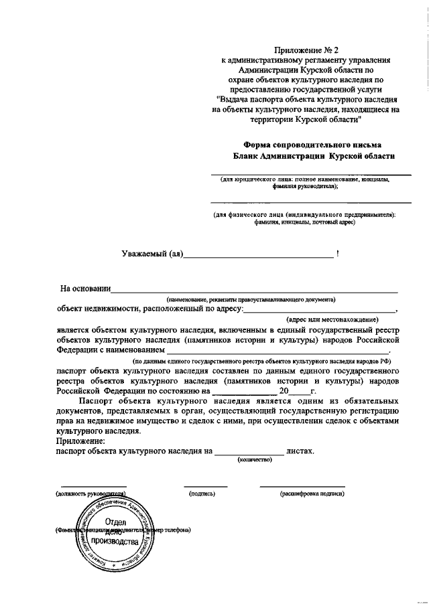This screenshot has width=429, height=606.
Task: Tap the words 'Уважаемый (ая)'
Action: [x=151, y=254]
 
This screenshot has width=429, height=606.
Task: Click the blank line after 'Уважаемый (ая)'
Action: [x=257, y=256]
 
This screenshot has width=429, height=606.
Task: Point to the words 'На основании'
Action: [x=85, y=289]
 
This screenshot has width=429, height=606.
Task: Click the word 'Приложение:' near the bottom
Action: [x=81, y=442]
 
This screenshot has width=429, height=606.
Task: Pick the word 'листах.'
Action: [x=300, y=452]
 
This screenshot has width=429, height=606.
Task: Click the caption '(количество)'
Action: [x=254, y=460]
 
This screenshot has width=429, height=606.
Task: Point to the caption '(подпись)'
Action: [x=202, y=494]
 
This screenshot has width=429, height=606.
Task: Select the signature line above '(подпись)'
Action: [x=205, y=486]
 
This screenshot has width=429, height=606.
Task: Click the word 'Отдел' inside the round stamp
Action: [x=116, y=521]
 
